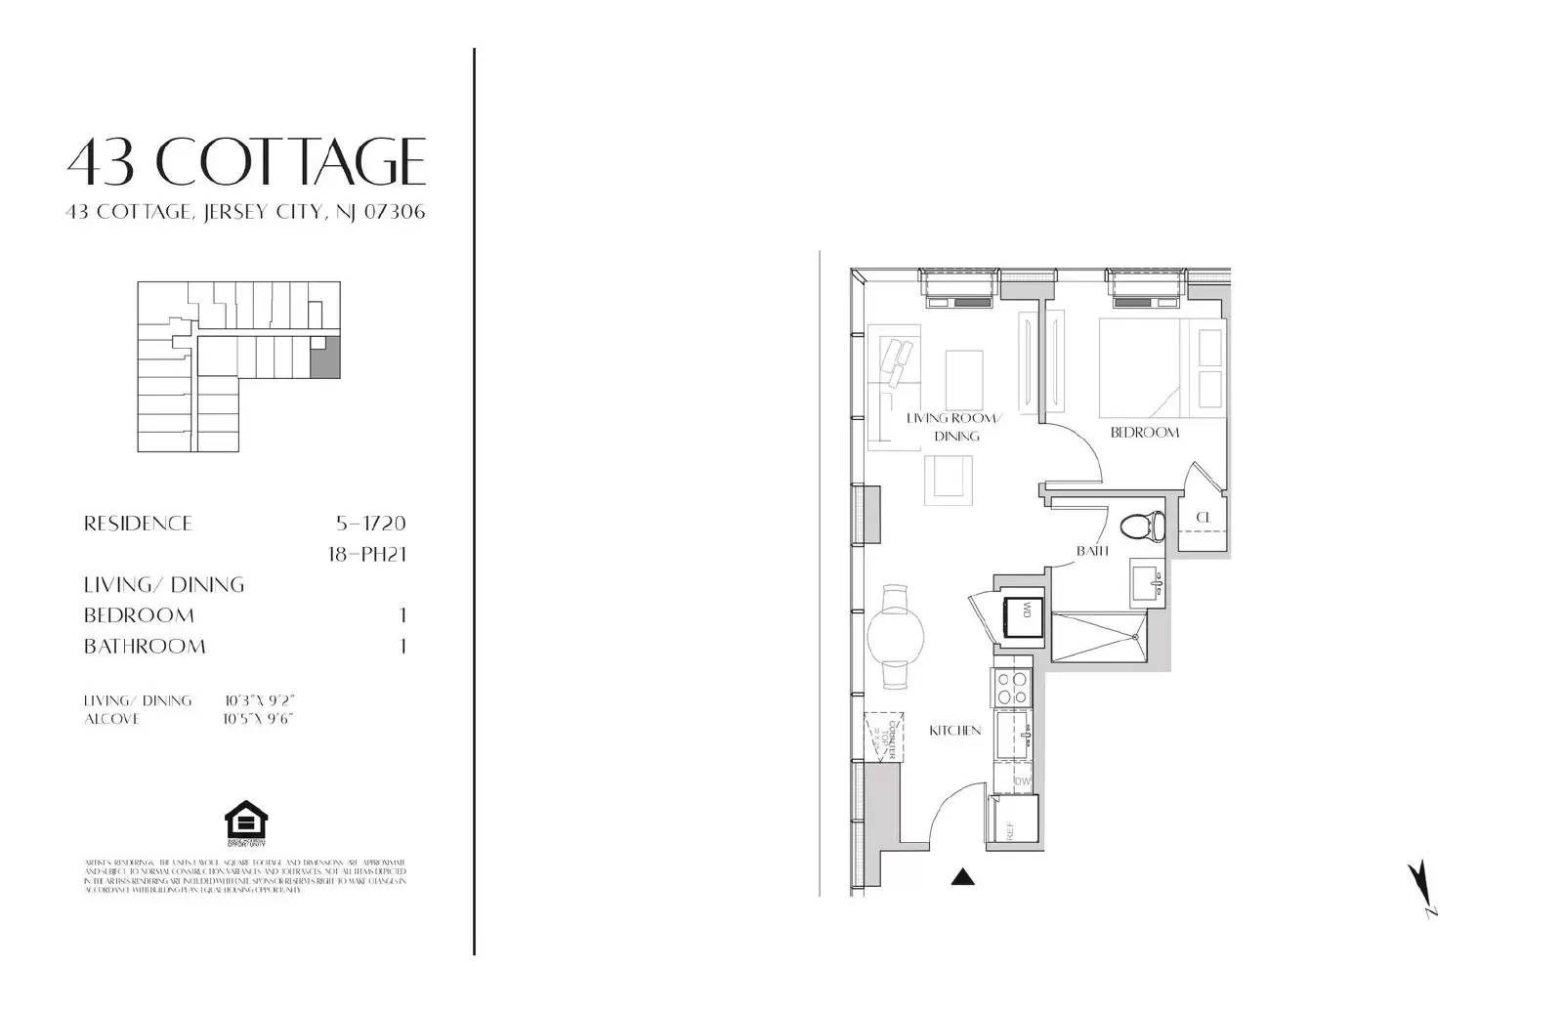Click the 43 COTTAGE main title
tap(246, 161)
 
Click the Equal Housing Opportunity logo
tap(245, 822)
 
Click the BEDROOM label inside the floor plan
tap(1144, 432)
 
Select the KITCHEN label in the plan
tap(954, 730)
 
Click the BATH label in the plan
tap(1092, 551)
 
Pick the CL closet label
tap(1203, 517)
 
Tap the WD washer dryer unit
tap(1023, 612)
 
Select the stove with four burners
tap(1012, 687)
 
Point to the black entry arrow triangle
tap(963, 877)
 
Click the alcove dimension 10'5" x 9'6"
tap(258, 719)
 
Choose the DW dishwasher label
tap(1023, 780)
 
